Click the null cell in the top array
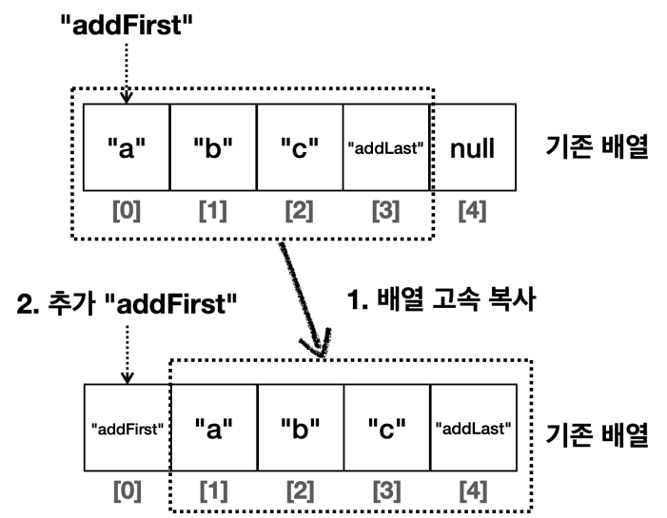[473, 147]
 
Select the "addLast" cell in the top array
[385, 147]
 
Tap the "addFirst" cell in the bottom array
[128, 428]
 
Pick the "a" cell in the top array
[127, 147]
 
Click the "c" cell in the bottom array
[386, 428]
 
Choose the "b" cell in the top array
[213, 147]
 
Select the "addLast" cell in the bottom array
[474, 428]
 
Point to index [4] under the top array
[472, 211]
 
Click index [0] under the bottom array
[128, 490]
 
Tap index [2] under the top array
[299, 211]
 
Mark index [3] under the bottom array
[386, 490]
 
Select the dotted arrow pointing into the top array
[127, 73]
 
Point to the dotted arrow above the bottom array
[128, 355]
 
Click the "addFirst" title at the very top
[127, 25]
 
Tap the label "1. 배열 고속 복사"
[441, 299]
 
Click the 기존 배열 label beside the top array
[597, 146]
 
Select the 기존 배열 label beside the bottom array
[597, 434]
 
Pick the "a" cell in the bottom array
[214, 428]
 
